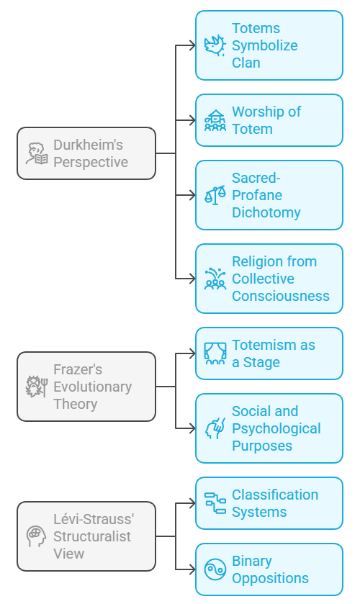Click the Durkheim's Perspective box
coord(86,153)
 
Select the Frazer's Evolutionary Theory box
coord(86,387)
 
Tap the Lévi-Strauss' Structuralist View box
coord(86,536)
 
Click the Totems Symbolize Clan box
coord(269,45)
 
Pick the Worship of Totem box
coord(269,120)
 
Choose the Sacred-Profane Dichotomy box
coord(269,195)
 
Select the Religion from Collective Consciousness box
coord(269,279)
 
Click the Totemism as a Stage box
coord(269,353)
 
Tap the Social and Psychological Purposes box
coord(269,428)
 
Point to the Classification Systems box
coord(269,503)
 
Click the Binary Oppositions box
coord(269,569)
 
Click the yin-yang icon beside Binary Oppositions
coord(215,569)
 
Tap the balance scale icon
coord(215,195)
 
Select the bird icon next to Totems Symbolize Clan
coord(215,45)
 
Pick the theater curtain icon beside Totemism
coord(215,353)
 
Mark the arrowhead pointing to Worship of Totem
coord(192,120)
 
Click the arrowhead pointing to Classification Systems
coord(192,503)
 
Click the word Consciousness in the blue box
coord(281,296)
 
